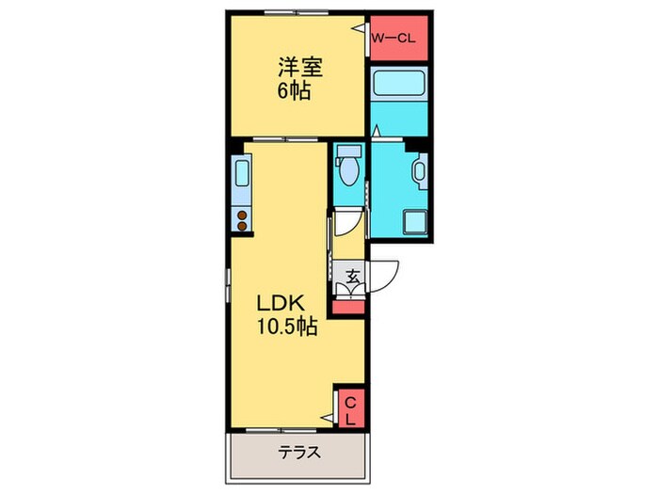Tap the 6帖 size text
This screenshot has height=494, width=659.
[x=294, y=91]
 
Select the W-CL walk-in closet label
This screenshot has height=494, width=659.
[x=398, y=39]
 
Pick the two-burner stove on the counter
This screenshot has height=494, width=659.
[x=242, y=220]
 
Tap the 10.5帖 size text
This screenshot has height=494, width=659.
[x=288, y=327]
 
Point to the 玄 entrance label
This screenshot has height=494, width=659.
[x=351, y=278]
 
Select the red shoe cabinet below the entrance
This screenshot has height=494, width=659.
[x=348, y=305]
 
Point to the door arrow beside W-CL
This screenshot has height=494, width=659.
[x=360, y=30]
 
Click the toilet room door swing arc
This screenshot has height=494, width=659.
[x=348, y=222]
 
